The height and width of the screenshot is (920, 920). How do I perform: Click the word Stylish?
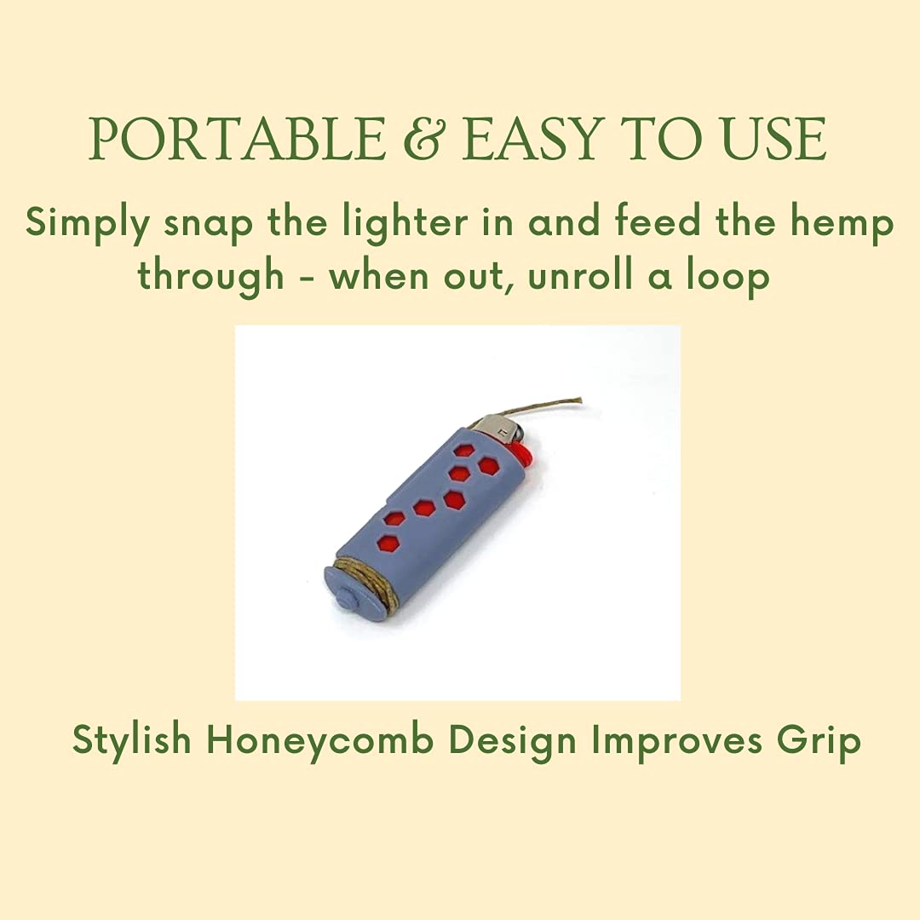132,740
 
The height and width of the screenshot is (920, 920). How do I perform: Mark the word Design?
513,740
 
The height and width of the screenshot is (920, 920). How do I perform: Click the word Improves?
676,740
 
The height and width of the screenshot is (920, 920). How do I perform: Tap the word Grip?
818,740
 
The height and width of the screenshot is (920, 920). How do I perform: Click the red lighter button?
522,456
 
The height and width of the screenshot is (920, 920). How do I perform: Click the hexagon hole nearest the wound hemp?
388,541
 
